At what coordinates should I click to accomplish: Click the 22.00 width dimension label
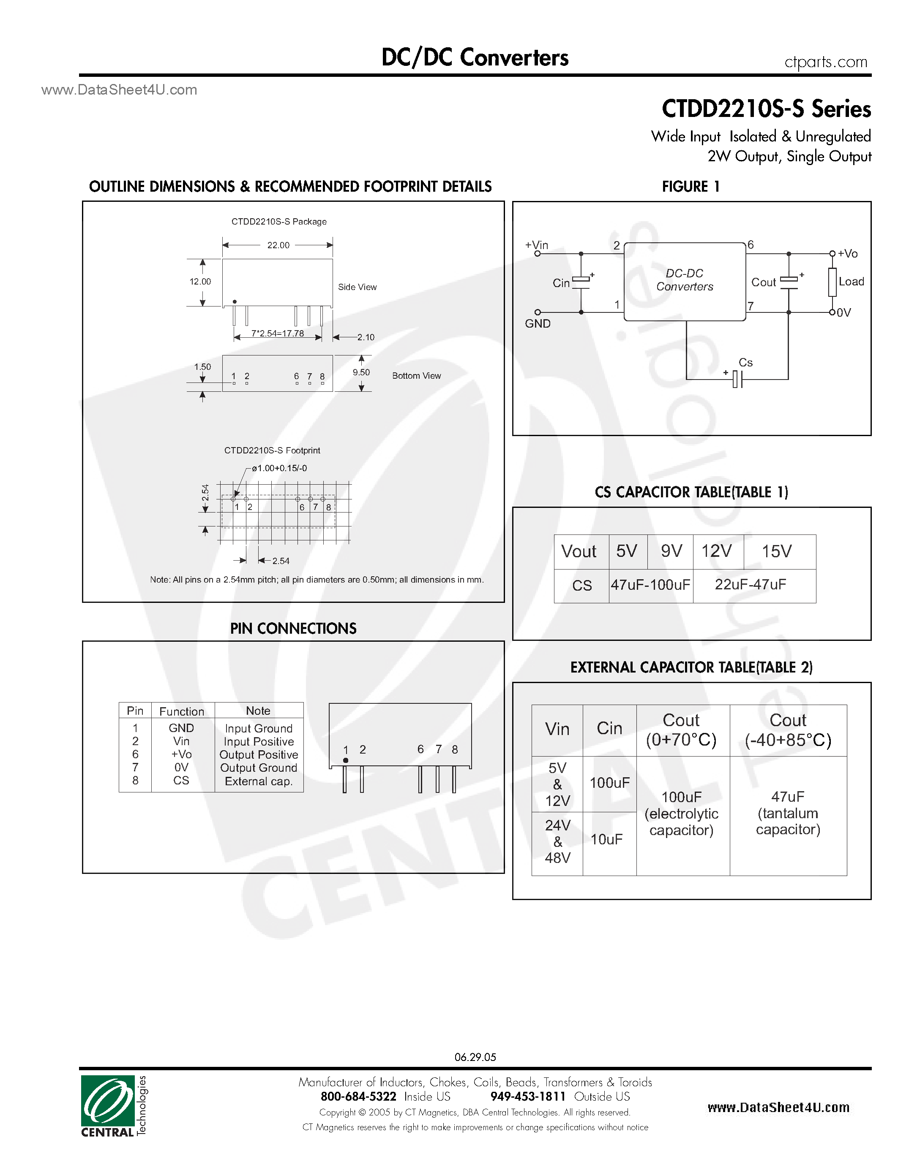[278, 245]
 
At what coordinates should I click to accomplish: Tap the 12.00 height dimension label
[200, 282]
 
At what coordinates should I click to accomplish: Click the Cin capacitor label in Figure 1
[561, 283]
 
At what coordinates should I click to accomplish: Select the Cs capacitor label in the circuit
[745, 363]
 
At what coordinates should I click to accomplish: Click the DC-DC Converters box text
[684, 280]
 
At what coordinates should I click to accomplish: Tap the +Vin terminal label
[536, 245]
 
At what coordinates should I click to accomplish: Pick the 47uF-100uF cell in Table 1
[650, 585]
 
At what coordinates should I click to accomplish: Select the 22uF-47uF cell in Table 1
[750, 585]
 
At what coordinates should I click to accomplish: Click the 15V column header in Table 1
[777, 551]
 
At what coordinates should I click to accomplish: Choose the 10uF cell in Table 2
[606, 839]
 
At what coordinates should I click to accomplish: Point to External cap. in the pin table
[259, 781]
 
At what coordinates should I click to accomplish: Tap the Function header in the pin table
[181, 711]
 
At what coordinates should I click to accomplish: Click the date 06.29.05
[475, 1057]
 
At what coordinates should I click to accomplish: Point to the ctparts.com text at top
[826, 62]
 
